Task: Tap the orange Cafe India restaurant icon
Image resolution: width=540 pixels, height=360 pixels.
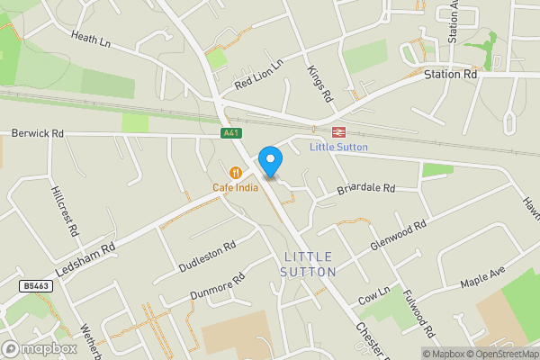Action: [x=236, y=172]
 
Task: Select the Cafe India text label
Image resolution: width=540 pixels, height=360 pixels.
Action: [x=236, y=187]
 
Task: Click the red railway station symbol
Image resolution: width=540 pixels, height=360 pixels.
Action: [x=327, y=131]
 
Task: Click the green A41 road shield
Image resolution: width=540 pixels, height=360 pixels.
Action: [x=232, y=133]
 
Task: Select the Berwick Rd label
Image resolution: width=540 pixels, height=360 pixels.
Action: [x=38, y=133]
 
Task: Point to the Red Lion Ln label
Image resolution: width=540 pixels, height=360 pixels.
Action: [x=258, y=75]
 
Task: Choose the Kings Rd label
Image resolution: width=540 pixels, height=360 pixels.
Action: [x=319, y=83]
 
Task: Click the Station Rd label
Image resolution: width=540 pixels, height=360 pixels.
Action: [x=451, y=75]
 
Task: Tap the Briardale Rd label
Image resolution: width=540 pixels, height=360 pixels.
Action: [x=366, y=189]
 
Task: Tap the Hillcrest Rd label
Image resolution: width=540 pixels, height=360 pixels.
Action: [x=65, y=211]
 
